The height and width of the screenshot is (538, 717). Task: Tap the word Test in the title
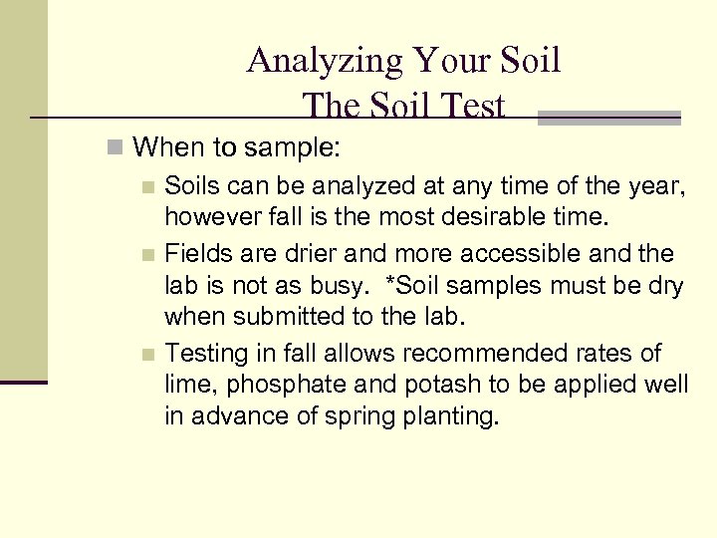(469, 106)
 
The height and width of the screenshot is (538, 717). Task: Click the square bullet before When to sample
(117, 149)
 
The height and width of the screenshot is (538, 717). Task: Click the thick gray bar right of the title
(608, 117)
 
